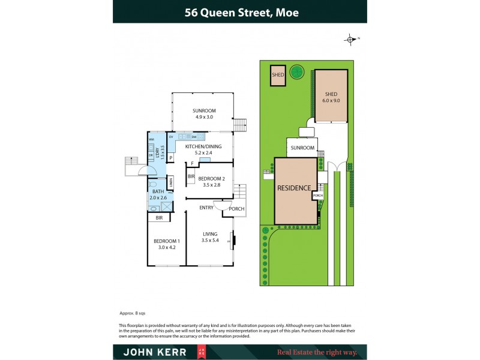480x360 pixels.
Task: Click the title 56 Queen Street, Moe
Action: tap(239, 12)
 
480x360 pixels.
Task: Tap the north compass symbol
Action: tap(350, 40)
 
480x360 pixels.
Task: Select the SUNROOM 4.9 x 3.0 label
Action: tap(204, 113)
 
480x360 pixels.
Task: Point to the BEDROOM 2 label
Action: tap(211, 182)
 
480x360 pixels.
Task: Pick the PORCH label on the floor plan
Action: tap(236, 209)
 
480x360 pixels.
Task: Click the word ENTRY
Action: tap(207, 207)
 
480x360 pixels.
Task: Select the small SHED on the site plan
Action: tap(277, 76)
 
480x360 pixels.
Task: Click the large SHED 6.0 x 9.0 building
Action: tap(331, 97)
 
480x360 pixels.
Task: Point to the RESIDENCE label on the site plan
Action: tap(294, 188)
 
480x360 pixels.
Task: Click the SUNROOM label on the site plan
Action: tap(302, 148)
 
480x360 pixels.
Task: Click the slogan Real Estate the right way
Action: tap(317, 352)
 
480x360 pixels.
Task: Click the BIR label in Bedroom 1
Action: tap(159, 218)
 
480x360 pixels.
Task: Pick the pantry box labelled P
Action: tap(170, 158)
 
